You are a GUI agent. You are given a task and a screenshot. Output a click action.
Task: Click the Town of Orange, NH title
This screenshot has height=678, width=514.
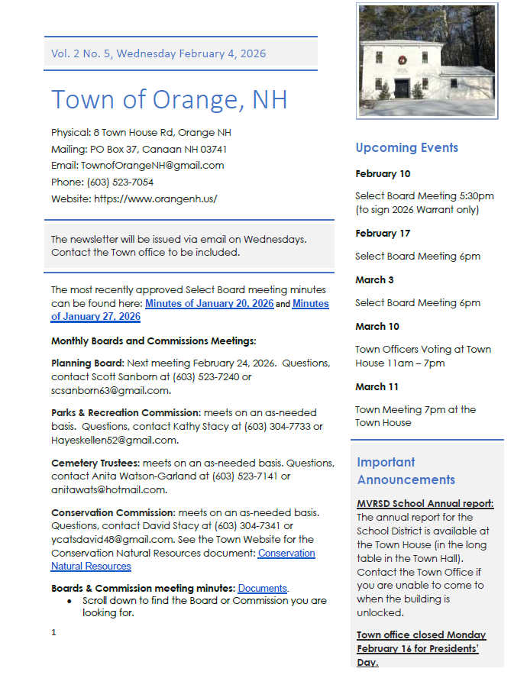pos(170,99)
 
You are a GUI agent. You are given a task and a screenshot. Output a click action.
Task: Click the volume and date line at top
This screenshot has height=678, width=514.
pos(159,53)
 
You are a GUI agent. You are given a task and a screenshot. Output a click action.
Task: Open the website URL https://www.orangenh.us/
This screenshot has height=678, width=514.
pos(155,199)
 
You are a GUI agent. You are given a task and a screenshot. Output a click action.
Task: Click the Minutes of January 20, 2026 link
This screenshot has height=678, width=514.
pos(209,303)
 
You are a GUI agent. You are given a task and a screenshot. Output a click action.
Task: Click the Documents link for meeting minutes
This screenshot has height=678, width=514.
pos(262,589)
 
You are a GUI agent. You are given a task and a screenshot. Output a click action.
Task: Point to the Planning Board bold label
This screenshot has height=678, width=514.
pos(87,363)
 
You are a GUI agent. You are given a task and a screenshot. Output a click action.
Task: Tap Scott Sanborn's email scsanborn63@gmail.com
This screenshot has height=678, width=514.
pos(110,390)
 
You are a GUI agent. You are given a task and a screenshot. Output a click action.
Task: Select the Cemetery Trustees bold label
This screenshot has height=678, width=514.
pos(95,463)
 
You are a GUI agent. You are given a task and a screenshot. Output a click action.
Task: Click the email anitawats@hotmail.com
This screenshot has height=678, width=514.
pos(108,489)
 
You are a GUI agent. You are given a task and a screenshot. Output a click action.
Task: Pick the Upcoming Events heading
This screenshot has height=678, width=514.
pos(406,148)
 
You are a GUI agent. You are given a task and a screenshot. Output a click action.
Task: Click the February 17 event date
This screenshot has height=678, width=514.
pos(383,234)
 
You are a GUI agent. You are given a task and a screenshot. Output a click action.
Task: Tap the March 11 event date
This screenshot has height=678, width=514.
pos(377,386)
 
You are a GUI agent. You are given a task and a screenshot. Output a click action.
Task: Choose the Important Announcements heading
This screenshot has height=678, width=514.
pos(406,471)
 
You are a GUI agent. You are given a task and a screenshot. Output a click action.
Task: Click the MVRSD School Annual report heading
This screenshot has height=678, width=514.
pos(425,504)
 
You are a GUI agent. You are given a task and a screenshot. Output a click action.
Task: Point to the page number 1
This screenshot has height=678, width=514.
pos(53,632)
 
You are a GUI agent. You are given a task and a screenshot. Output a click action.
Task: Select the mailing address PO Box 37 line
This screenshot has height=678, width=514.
pos(138,149)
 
